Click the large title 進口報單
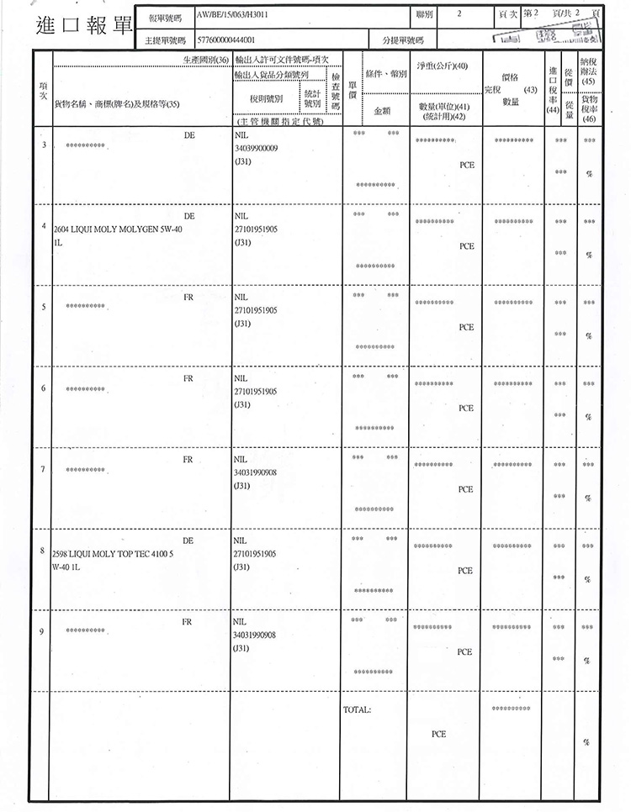[x=84, y=25]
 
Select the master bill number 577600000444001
[x=225, y=40]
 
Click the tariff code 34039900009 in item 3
[x=258, y=147]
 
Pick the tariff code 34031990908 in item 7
[x=258, y=472]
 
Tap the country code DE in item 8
[x=188, y=540]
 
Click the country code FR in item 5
[x=188, y=297]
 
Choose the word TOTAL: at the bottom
[x=357, y=710]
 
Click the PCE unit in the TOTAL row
[x=438, y=734]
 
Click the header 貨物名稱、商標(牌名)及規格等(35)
[x=117, y=104]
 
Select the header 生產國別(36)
[x=206, y=61]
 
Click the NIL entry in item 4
[x=241, y=215]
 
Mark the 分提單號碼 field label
[x=402, y=40]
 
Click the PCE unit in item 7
[x=465, y=488]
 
